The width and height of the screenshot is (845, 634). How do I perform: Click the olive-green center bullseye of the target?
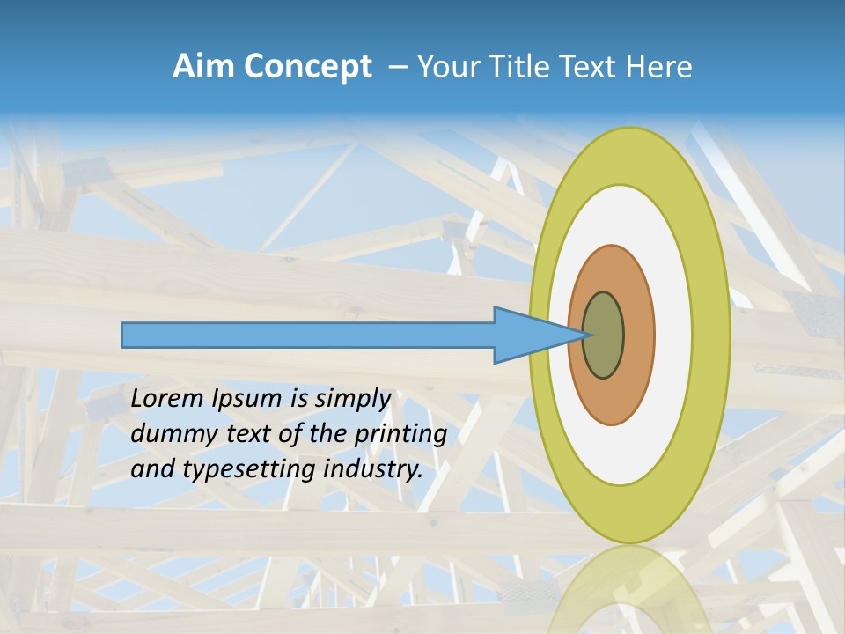click(603, 335)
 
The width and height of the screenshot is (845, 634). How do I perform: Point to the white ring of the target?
click(672, 335)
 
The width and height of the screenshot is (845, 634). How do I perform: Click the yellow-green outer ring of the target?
click(711, 335)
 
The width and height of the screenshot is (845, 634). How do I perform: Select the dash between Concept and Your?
click(397, 67)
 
